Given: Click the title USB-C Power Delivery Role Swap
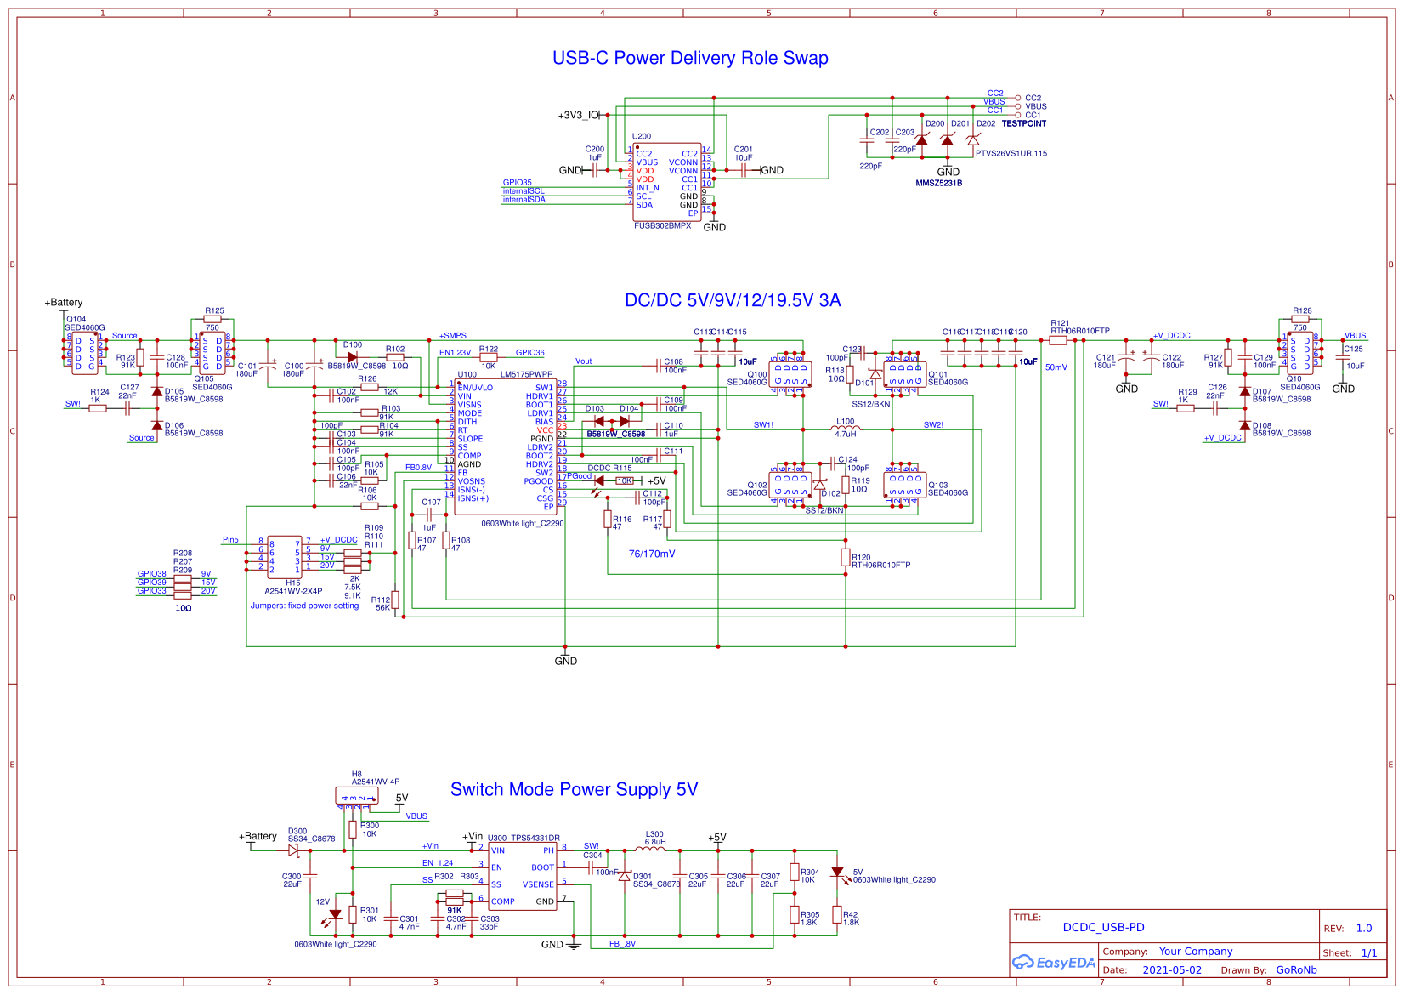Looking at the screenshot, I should [x=690, y=59].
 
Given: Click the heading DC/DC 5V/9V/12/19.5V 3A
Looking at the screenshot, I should [x=733, y=300].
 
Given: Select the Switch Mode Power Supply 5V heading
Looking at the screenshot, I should [x=574, y=790].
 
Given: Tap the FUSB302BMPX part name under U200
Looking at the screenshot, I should [x=663, y=226].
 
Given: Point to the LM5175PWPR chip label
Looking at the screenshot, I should [x=526, y=374].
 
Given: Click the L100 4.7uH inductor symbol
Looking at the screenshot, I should [x=846, y=429].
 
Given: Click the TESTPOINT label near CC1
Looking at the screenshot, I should [x=1023, y=124].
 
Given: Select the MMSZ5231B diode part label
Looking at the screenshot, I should [x=938, y=184].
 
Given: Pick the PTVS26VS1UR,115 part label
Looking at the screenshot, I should [x=1011, y=154].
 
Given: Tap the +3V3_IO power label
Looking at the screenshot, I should [x=578, y=115].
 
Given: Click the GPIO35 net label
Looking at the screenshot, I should [x=517, y=183].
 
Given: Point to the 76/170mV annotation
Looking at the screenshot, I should [x=652, y=554].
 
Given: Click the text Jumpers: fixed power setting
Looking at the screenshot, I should [x=304, y=606].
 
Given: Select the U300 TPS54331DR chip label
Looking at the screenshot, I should [x=524, y=839].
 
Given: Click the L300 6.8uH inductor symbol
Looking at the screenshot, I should [x=652, y=848].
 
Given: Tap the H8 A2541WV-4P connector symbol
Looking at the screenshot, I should [x=357, y=797].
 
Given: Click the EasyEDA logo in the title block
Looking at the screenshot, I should [x=1054, y=963].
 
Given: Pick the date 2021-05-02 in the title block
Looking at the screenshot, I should [x=1172, y=970].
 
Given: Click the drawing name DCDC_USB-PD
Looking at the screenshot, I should [x=1103, y=928].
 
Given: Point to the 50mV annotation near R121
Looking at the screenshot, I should [x=1056, y=367].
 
